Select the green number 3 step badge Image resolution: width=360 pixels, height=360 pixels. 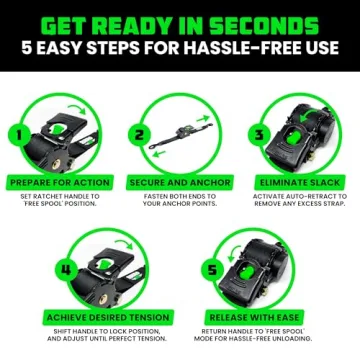[260, 133]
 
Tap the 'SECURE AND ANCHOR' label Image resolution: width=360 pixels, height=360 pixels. [179, 183]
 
